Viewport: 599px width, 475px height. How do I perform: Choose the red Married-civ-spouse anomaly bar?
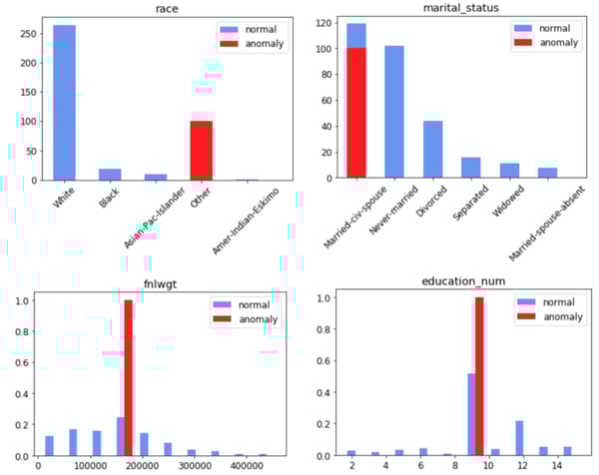[x=356, y=139]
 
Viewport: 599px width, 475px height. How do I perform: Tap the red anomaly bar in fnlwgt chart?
[x=128, y=378]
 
